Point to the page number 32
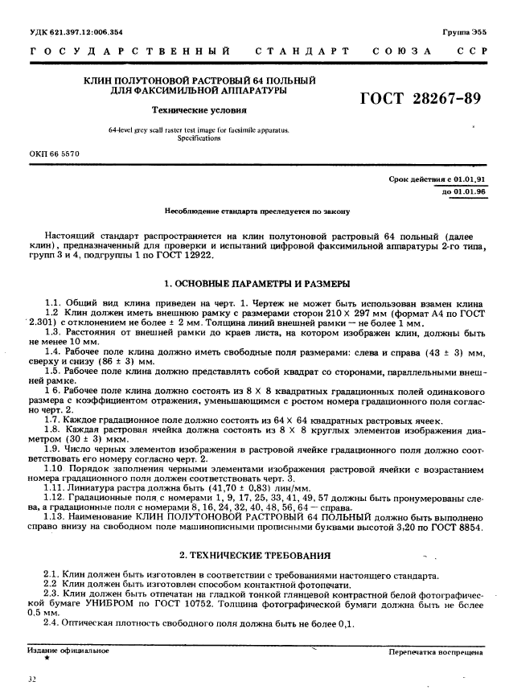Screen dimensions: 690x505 (x=31, y=679)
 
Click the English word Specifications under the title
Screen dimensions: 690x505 (x=198, y=138)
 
